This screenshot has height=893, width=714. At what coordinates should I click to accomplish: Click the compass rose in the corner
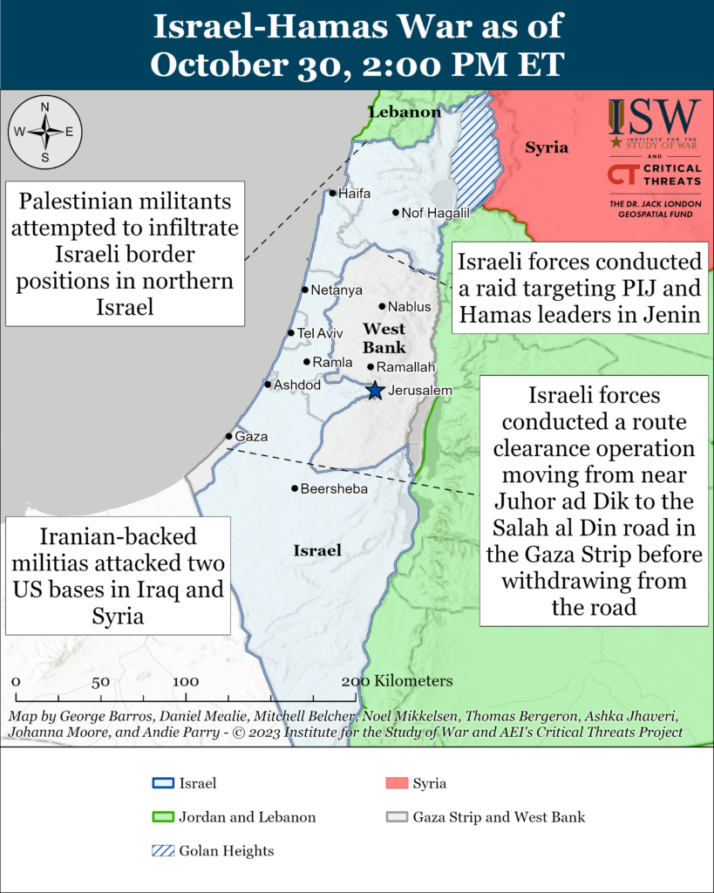[44, 132]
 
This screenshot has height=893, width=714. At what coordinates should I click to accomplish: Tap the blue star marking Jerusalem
[375, 391]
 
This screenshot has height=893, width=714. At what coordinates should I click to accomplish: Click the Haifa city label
[354, 193]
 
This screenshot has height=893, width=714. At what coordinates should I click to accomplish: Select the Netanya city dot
[304, 290]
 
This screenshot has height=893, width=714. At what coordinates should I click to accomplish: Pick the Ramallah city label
[406, 367]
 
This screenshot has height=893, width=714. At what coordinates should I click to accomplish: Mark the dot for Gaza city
[228, 436]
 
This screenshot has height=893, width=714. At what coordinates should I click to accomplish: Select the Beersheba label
[334, 489]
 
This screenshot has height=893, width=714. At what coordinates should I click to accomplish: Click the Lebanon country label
[405, 112]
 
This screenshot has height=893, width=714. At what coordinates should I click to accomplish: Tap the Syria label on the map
[547, 147]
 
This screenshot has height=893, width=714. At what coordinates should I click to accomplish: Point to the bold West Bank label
[384, 337]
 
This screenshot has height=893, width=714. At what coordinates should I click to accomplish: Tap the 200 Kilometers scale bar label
[397, 680]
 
